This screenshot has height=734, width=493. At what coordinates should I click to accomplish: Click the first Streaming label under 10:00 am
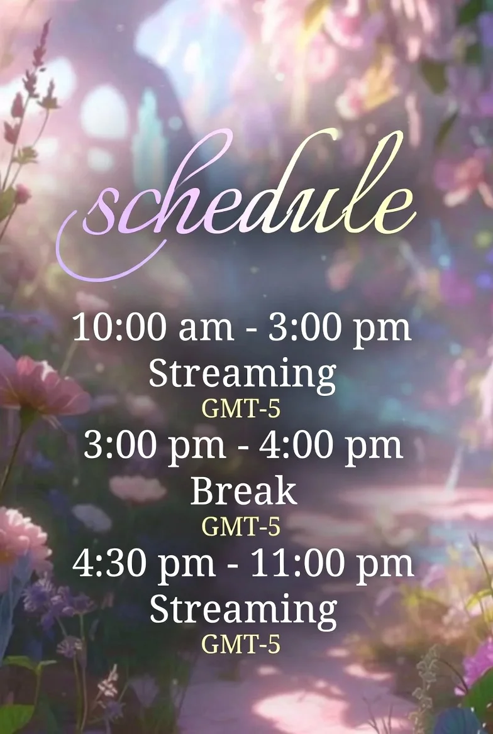click(243, 375)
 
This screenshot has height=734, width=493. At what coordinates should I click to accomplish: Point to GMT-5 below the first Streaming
click(241, 408)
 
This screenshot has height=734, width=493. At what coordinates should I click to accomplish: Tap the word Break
click(244, 491)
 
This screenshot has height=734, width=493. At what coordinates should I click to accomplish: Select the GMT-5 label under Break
click(241, 526)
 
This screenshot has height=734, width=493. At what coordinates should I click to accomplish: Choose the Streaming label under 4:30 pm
click(243, 610)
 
